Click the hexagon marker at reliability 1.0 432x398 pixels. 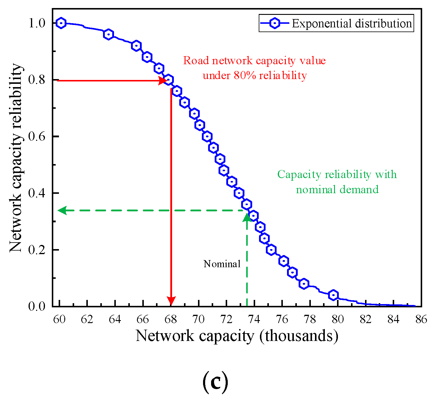point(61,23)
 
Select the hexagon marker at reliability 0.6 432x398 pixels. point(207,136)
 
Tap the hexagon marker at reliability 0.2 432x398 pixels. point(271,250)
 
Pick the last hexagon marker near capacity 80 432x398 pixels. point(333,295)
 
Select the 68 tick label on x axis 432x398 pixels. point(171,320)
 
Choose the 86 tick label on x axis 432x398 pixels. point(421,320)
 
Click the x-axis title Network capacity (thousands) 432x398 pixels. point(237,336)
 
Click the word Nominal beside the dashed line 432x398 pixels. point(222,264)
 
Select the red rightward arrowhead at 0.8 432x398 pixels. point(162,80)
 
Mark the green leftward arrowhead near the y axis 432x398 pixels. point(62,210)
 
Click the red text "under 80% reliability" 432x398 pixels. point(255,75)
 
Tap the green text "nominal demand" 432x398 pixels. point(337,189)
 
